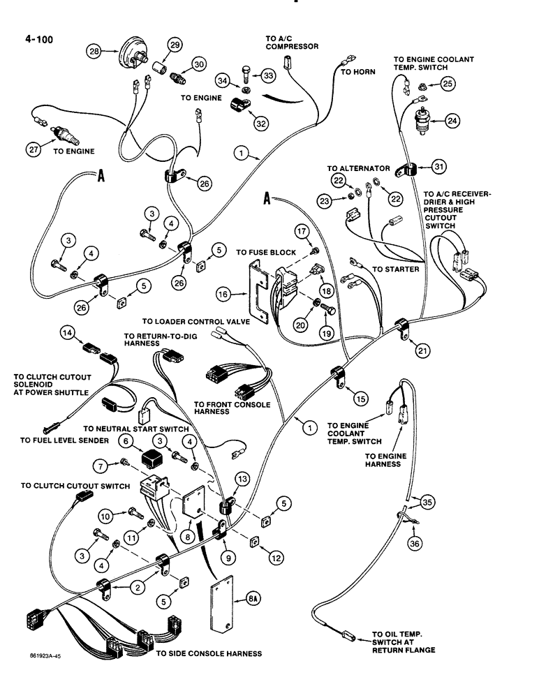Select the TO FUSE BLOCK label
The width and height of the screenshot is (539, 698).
coord(267,252)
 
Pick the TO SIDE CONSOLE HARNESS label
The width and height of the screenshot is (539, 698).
coord(209,654)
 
